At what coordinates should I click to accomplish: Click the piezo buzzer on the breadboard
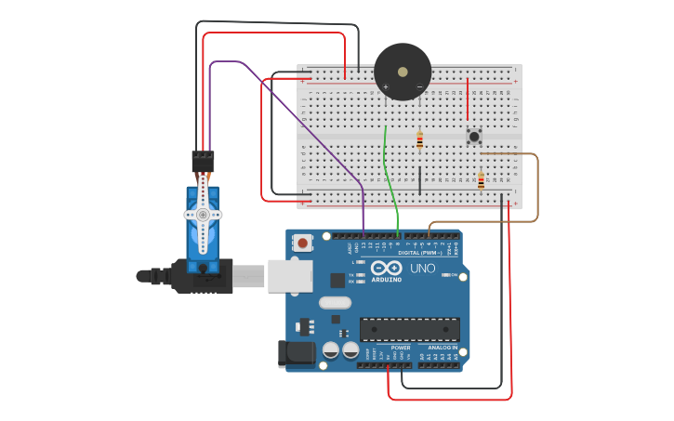[x=403, y=72]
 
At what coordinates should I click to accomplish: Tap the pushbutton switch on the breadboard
[x=474, y=137]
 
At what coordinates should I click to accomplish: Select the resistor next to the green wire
[x=419, y=140]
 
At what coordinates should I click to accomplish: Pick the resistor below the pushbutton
[x=481, y=181]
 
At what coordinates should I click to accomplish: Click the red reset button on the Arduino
[x=302, y=243]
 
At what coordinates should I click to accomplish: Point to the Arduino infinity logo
[x=386, y=270]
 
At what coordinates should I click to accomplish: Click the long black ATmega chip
[x=410, y=329]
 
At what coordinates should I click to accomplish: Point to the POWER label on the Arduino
[x=400, y=348]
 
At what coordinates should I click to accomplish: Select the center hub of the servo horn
[x=203, y=215]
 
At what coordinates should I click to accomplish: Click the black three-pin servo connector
[x=203, y=161]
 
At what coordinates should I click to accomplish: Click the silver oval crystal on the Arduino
[x=335, y=302]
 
